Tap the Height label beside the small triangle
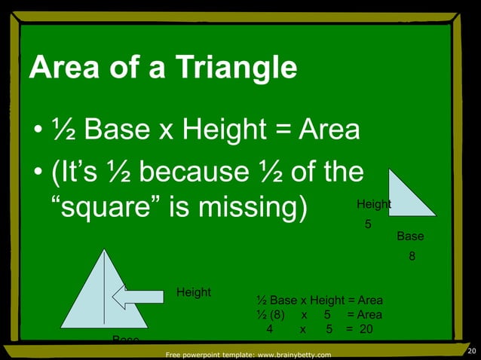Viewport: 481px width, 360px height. [x=373, y=204]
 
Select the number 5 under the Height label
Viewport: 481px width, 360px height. [x=368, y=224]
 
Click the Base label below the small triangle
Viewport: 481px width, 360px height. [x=410, y=236]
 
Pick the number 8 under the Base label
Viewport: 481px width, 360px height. [x=412, y=256]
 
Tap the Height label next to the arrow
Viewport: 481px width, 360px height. [x=194, y=292]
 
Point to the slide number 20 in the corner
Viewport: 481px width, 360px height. [x=472, y=351]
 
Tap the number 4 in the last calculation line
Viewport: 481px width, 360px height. [x=268, y=329]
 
